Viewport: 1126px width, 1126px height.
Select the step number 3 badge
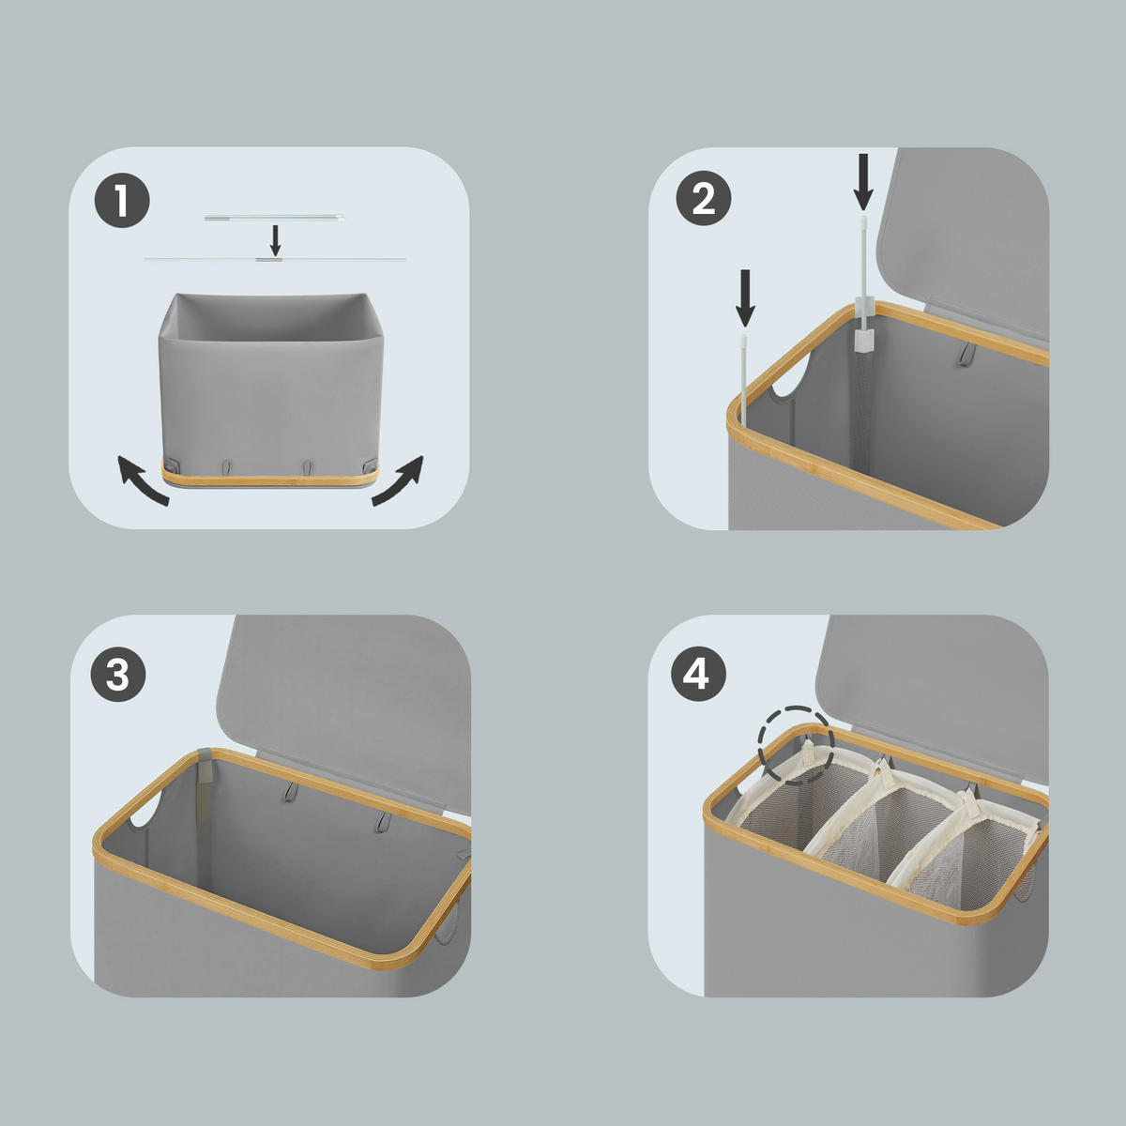(117, 674)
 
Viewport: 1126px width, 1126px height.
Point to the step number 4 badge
(698, 674)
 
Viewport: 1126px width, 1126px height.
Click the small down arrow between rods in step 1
(276, 240)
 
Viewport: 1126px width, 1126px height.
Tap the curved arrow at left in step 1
(144, 480)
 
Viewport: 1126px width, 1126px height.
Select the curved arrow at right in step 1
(398, 480)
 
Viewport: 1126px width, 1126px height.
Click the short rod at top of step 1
(274, 218)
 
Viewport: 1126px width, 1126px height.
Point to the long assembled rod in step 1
(275, 258)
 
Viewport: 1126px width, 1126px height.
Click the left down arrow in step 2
(744, 298)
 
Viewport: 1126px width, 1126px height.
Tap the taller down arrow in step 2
(863, 182)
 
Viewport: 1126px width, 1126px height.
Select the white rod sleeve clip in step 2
(863, 332)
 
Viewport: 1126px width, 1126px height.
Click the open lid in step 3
(344, 691)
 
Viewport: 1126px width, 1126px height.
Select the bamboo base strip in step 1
(270, 476)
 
